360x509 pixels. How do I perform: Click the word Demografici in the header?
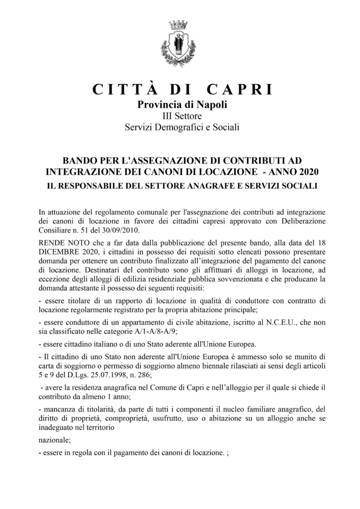coord(187,128)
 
